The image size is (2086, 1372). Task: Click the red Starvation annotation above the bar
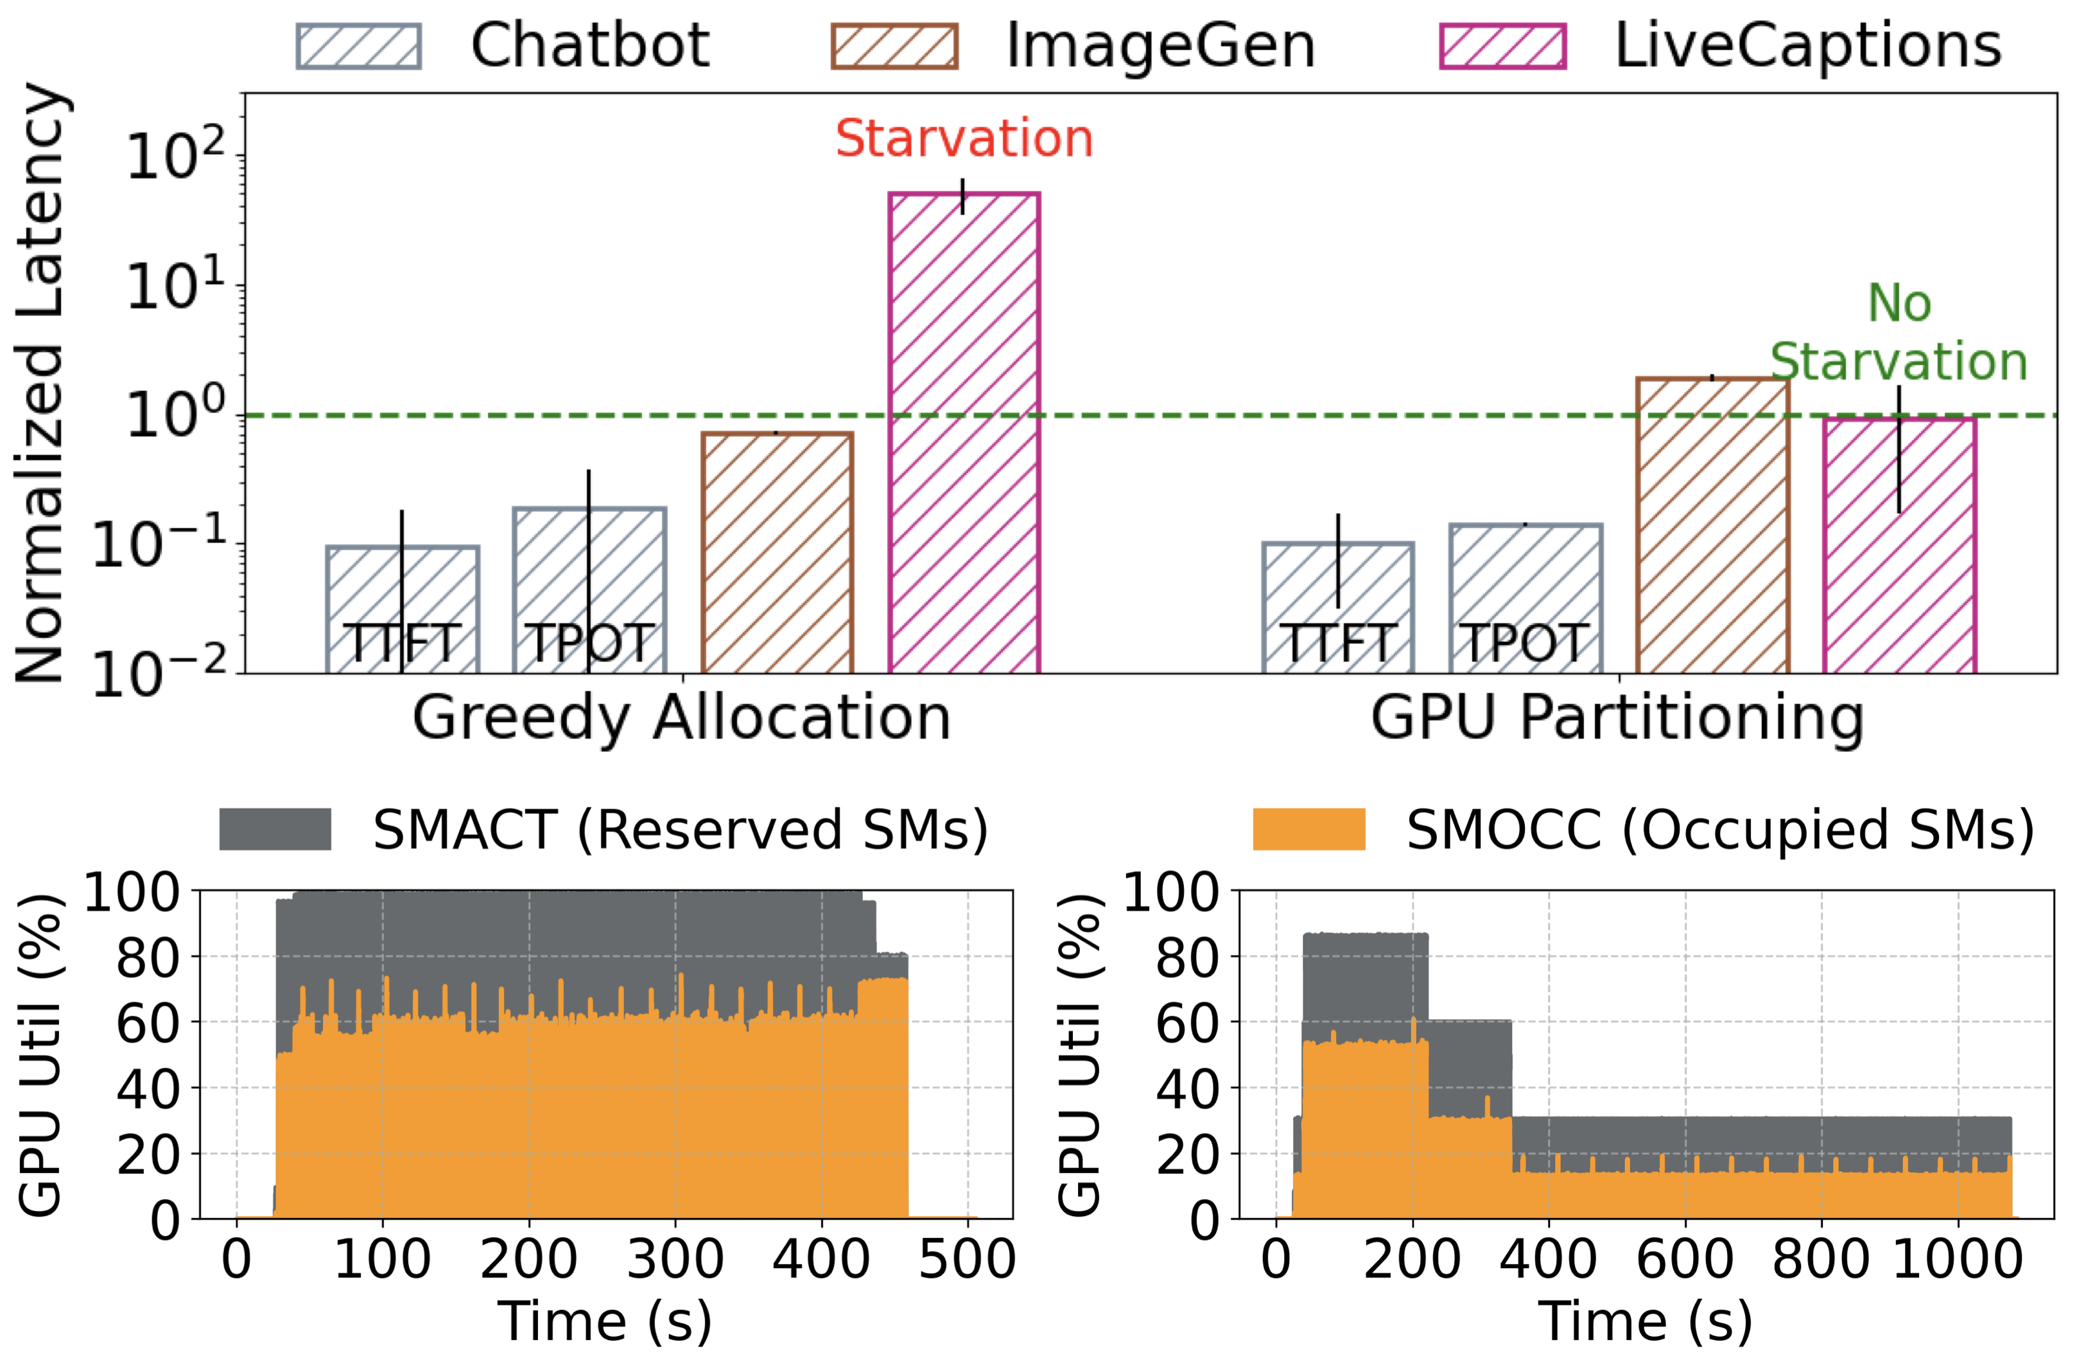coord(963,139)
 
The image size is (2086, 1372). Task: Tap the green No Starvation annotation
coord(1899,333)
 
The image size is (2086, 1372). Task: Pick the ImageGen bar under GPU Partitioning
coord(1712,526)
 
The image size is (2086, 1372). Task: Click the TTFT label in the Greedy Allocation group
coord(403,643)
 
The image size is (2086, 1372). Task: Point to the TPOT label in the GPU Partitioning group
coord(1525,643)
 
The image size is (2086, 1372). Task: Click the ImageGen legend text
coord(1160,46)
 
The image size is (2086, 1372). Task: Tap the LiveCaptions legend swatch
coord(1503,46)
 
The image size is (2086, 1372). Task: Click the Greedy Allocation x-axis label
coord(682,719)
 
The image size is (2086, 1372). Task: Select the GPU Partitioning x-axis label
coord(1618,719)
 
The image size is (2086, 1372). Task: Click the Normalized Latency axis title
coord(39,383)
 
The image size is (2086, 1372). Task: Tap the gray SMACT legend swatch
coord(275,829)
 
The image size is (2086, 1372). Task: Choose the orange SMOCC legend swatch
coord(1308,829)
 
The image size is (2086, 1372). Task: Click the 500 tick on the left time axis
coord(967,1260)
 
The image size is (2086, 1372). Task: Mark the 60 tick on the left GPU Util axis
coord(149,1022)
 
